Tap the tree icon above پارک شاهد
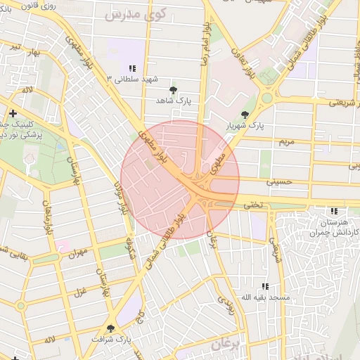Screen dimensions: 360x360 click(174, 90)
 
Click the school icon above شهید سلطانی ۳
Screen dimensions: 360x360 click(132, 68)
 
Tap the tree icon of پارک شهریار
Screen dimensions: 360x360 click(245, 114)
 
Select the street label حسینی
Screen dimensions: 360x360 click(278, 181)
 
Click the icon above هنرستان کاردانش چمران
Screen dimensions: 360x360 click(334, 210)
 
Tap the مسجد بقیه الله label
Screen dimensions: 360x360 click(265, 297)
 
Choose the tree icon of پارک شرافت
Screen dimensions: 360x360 click(110, 328)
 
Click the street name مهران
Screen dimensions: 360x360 click(77, 251)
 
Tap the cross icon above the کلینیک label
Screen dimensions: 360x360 click(13, 113)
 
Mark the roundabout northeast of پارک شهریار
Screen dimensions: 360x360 click(267, 98)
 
